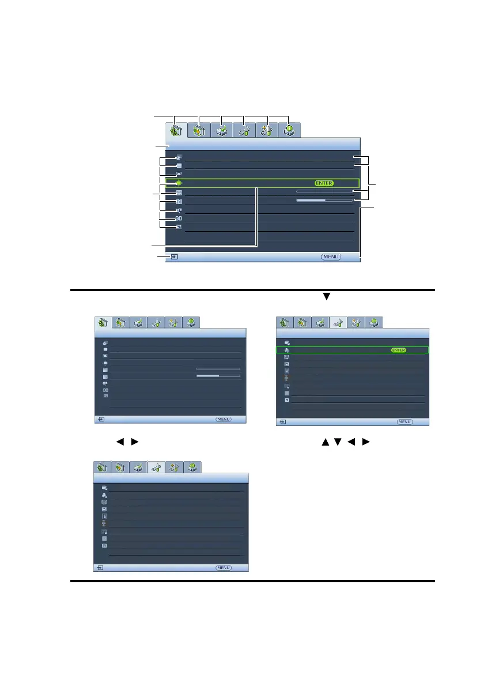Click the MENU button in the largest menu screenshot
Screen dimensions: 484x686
pos(331,257)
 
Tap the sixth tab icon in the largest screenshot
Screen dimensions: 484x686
pos(290,130)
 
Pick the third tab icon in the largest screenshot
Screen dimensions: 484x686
pos(221,130)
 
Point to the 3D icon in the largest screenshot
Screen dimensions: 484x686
pos(179,218)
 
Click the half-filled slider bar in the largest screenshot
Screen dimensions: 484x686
pos(324,200)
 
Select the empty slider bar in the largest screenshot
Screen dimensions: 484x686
pos(324,191)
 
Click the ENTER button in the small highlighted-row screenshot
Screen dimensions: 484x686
pos(398,350)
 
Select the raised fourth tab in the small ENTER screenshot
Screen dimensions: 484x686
pos(339,323)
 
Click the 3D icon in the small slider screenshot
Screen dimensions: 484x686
pos(105,390)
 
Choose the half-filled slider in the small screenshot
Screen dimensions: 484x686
pos(218,375)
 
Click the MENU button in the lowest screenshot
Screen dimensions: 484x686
pos(224,568)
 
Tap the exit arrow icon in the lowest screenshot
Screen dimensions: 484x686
pos(101,568)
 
